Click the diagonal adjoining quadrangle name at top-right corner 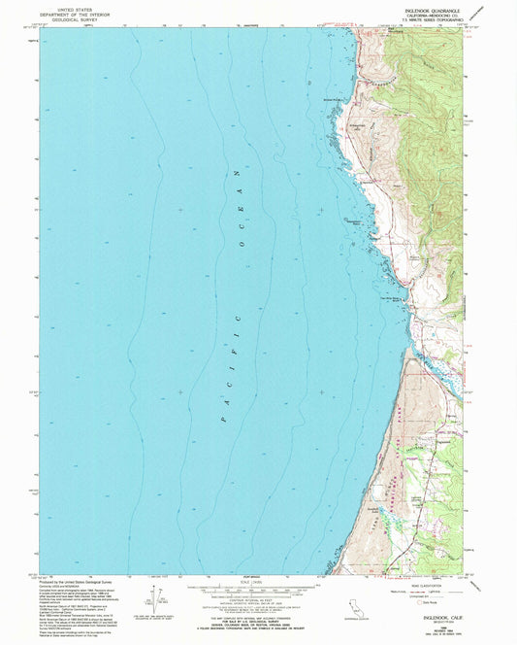pyautogui.click(x=497, y=10)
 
